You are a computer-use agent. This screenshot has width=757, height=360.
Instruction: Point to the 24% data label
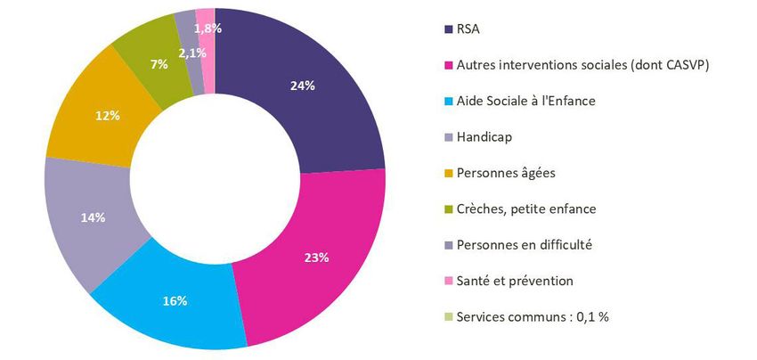(x=302, y=86)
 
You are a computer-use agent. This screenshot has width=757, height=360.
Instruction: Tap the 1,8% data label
(x=208, y=29)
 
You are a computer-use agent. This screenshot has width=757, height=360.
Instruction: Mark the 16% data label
(x=175, y=301)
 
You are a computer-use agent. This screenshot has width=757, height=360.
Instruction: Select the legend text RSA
(x=467, y=29)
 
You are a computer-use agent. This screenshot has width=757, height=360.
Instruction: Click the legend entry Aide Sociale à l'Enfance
(x=525, y=101)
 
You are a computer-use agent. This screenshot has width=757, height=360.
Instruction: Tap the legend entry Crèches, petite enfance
(x=525, y=209)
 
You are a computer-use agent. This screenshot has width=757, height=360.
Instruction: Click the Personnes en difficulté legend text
(x=524, y=245)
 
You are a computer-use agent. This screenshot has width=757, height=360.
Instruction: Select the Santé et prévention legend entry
(x=514, y=281)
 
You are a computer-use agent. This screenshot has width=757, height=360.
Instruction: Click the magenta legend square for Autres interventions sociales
(x=447, y=65)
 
